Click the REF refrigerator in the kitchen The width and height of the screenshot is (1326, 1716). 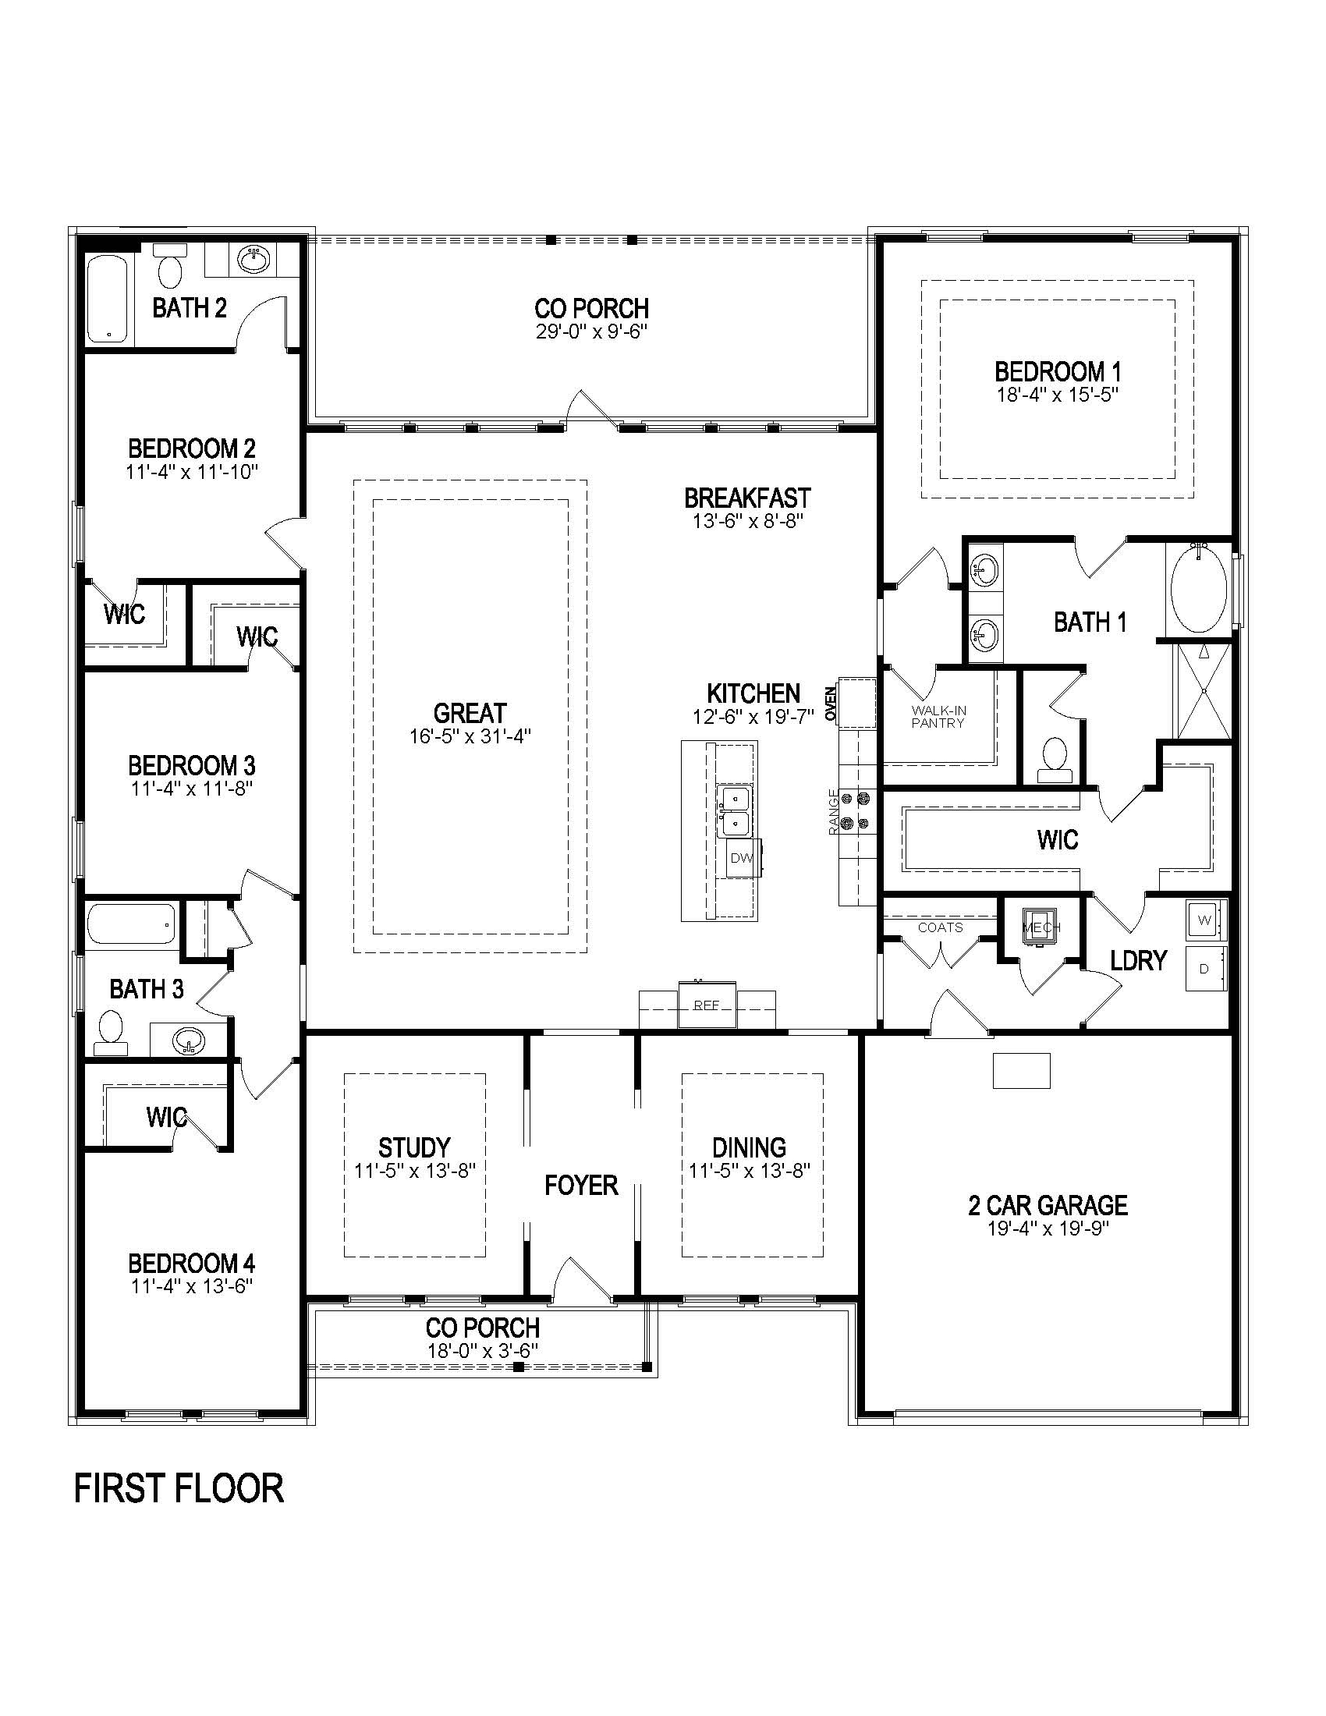point(707,1005)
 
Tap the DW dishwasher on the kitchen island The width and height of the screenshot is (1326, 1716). point(742,858)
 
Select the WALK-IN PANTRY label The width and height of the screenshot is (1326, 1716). point(938,717)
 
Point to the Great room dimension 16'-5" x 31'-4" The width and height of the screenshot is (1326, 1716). point(470,737)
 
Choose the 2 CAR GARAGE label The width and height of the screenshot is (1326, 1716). point(1048,1205)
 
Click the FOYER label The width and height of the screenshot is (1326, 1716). point(581,1185)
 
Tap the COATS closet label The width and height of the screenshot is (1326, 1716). point(941,928)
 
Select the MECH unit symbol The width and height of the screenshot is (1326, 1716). point(1041,927)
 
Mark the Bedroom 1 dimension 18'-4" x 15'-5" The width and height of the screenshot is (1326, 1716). point(1058,395)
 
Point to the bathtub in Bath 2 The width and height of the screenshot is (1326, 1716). point(106,300)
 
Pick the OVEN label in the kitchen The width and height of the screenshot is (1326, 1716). point(831,704)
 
